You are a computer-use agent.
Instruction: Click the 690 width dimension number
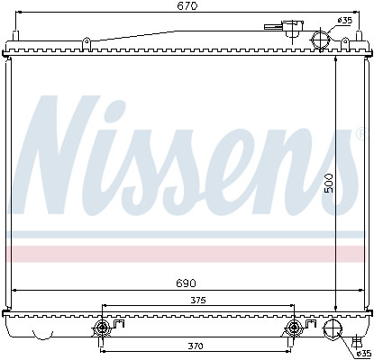pos(186,283)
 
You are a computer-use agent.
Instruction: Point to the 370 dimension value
pos(196,345)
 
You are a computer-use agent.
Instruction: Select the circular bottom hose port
pos(333,330)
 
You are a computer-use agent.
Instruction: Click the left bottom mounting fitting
pos(102,327)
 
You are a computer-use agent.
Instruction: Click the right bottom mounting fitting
pos(293,327)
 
